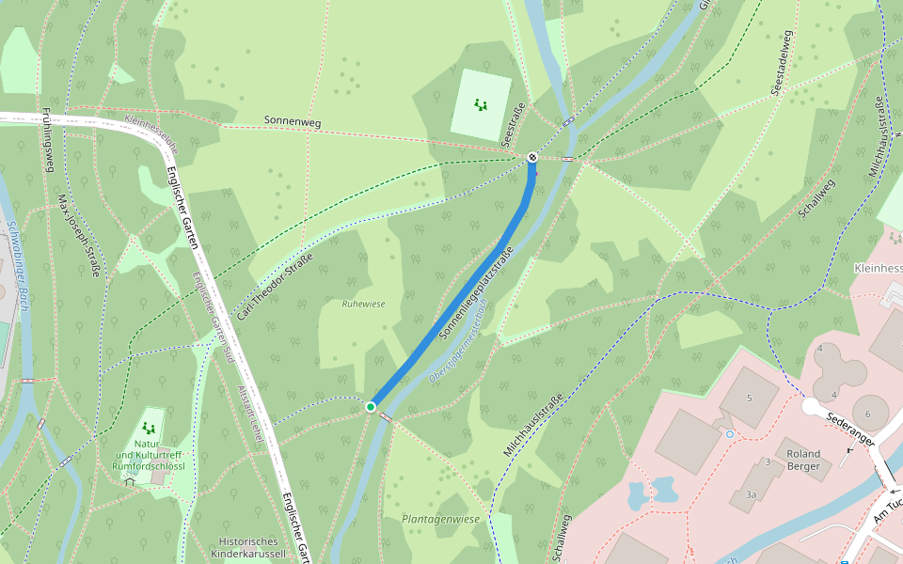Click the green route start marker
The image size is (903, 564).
371,406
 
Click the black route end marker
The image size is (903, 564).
532,157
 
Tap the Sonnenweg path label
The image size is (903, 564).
293,120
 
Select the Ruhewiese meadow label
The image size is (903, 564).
363,304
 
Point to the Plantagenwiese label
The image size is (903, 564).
440,519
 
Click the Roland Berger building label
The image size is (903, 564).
803,460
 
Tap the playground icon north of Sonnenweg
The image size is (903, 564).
481,104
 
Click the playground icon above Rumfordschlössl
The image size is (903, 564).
148,428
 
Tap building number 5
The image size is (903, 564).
749,398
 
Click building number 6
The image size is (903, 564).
868,413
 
